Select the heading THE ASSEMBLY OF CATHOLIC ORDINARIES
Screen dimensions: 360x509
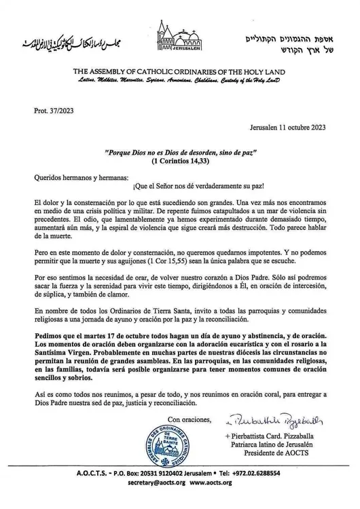[180, 72]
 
